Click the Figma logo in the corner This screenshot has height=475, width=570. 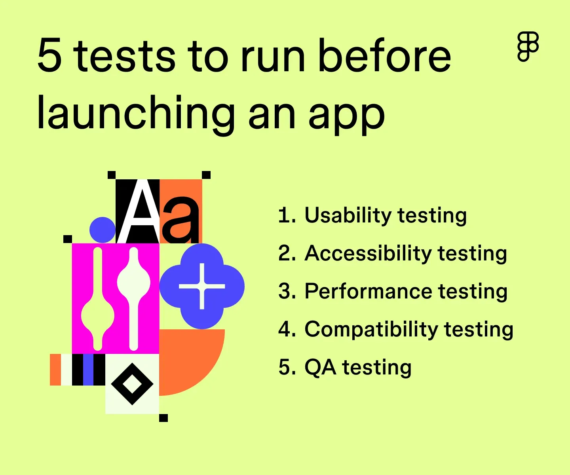tap(528, 47)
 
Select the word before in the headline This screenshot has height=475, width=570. tap(384, 56)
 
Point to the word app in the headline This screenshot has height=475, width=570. tap(346, 115)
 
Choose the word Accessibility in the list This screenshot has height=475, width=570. tap(368, 253)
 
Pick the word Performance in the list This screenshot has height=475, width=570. tap(368, 291)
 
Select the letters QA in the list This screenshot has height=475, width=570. tap(320, 367)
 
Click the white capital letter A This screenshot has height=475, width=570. tap(139, 214)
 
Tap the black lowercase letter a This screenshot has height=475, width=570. tap(180, 220)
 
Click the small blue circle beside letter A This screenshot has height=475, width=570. tap(103, 230)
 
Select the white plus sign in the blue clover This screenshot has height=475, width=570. tap(202, 286)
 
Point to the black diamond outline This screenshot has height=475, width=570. tap(132, 384)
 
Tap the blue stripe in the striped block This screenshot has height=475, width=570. tap(88, 370)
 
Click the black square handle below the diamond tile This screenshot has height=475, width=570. tap(163, 418)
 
